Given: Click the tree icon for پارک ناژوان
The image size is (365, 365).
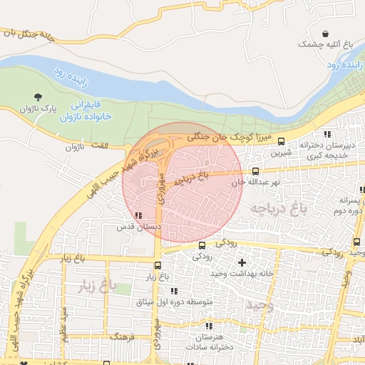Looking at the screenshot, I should pyautogui.click(x=36, y=96).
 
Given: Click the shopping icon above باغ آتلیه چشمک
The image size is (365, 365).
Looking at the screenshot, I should pyautogui.click(x=326, y=34).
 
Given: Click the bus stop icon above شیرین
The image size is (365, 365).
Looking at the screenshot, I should pyautogui.click(x=281, y=141).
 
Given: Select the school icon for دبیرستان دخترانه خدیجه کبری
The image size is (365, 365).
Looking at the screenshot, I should pyautogui.click(x=327, y=133).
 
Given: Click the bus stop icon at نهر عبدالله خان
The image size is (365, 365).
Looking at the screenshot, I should pyautogui.click(x=255, y=172).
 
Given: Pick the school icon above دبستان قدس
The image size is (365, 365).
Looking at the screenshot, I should pyautogui.click(x=138, y=215).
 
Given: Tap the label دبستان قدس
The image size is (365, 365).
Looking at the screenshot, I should pyautogui.click(x=140, y=226).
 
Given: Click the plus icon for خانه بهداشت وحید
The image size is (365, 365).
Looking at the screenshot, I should pyautogui.click(x=242, y=262).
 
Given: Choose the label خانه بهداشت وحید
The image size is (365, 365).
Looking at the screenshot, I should pyautogui.click(x=242, y=274).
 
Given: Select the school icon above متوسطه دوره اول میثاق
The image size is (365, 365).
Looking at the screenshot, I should pyautogui.click(x=174, y=291).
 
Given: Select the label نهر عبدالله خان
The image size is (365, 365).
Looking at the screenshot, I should pyautogui.click(x=255, y=182).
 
